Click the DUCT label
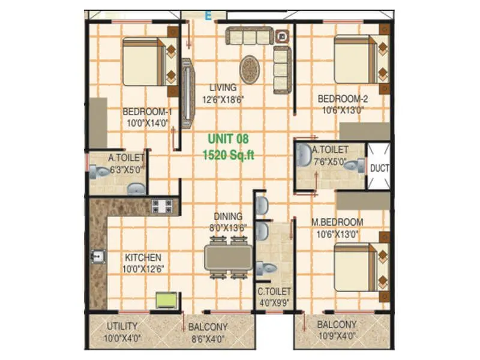379,168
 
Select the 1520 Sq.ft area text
229,155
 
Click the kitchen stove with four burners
162,206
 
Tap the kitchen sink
97,257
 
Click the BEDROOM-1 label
147,111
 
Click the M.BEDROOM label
337,221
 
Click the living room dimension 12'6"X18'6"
223,99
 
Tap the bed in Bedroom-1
145,62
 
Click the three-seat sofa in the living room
248,37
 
